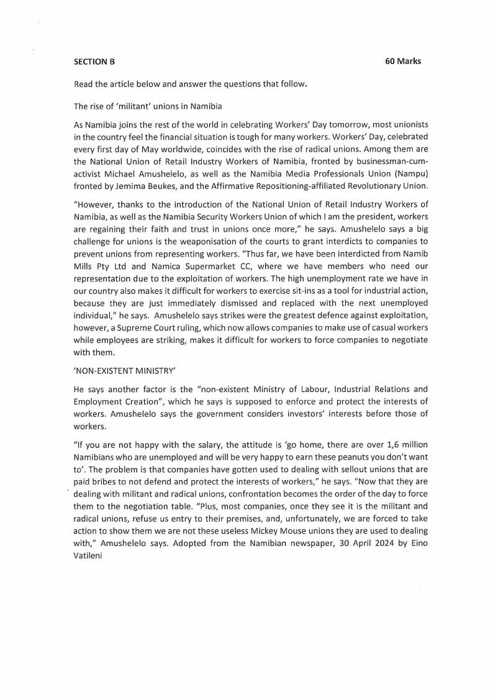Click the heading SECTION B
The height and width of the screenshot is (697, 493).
[x=94, y=61]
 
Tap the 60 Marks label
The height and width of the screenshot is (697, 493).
[x=403, y=61]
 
